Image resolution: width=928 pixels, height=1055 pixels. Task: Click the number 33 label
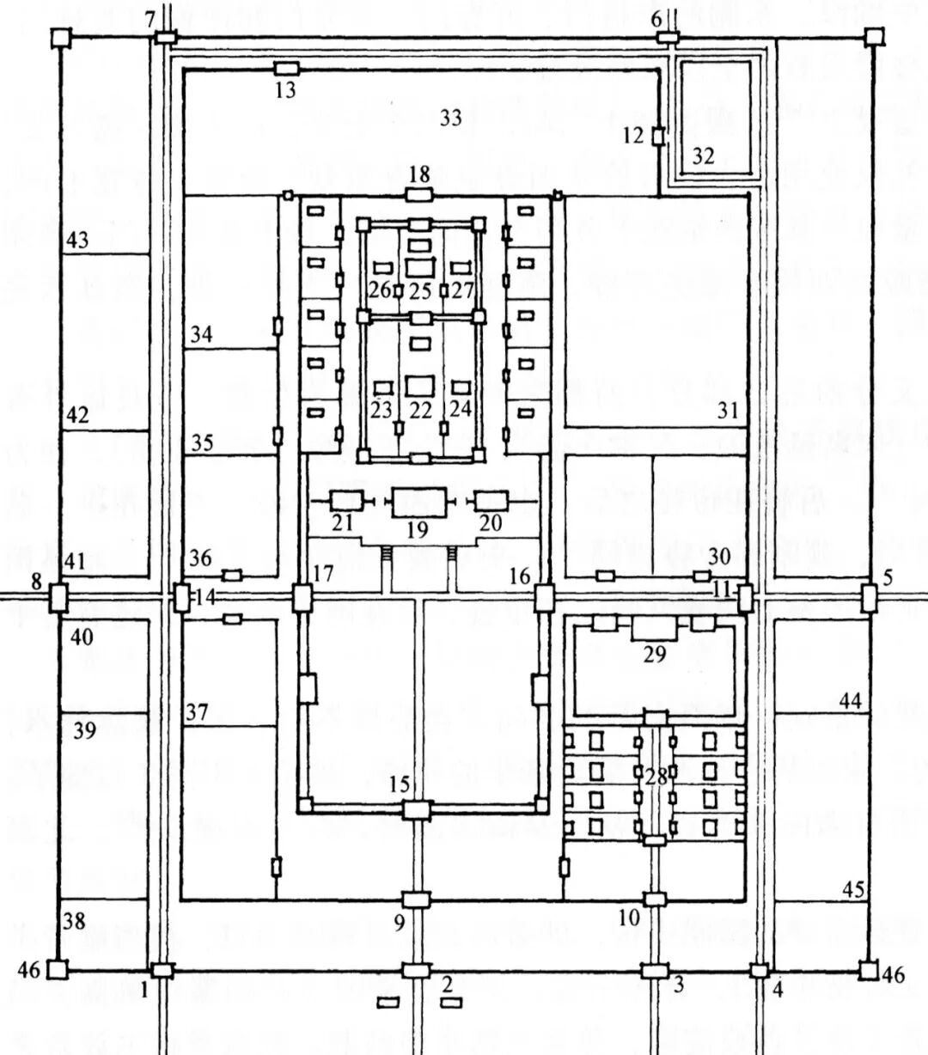(x=451, y=119)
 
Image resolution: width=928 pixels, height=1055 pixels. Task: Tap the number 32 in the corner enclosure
(x=703, y=156)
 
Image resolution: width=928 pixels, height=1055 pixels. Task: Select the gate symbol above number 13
(x=286, y=68)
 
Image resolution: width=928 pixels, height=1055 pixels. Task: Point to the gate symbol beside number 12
(x=658, y=137)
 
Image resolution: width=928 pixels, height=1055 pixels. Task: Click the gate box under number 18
(x=418, y=194)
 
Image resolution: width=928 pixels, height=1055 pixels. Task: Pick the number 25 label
(x=419, y=290)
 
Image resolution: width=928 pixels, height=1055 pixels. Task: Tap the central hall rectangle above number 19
(x=419, y=502)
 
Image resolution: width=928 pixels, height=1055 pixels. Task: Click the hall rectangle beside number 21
(x=346, y=501)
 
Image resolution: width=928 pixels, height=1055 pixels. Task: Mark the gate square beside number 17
(x=301, y=597)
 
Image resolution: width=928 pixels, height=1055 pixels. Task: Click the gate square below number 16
(x=543, y=597)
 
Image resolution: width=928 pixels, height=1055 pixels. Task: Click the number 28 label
(x=656, y=779)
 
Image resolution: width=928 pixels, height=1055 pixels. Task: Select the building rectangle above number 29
(x=655, y=627)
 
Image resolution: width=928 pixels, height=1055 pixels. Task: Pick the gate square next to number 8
(x=58, y=597)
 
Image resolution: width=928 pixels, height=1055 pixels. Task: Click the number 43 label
(x=77, y=242)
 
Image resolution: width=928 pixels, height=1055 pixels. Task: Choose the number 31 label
(x=728, y=412)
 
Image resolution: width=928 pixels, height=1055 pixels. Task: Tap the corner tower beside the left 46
(x=57, y=970)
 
